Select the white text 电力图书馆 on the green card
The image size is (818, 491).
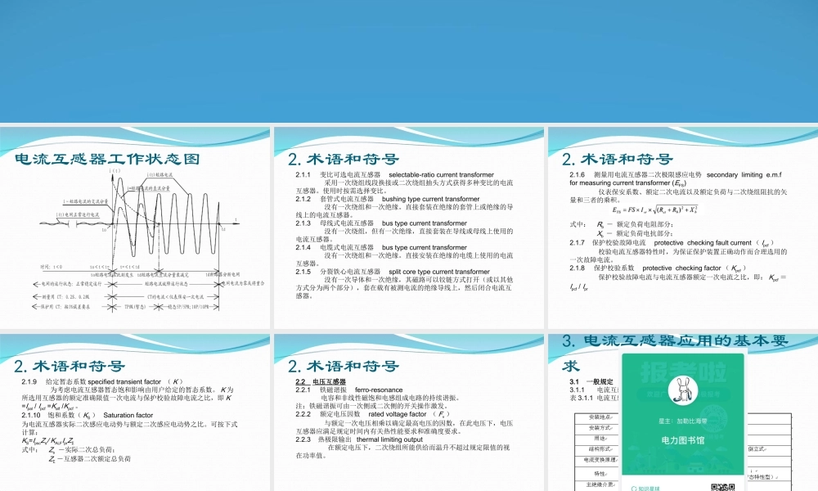coord(683,439)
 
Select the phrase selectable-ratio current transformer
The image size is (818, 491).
coord(441,175)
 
